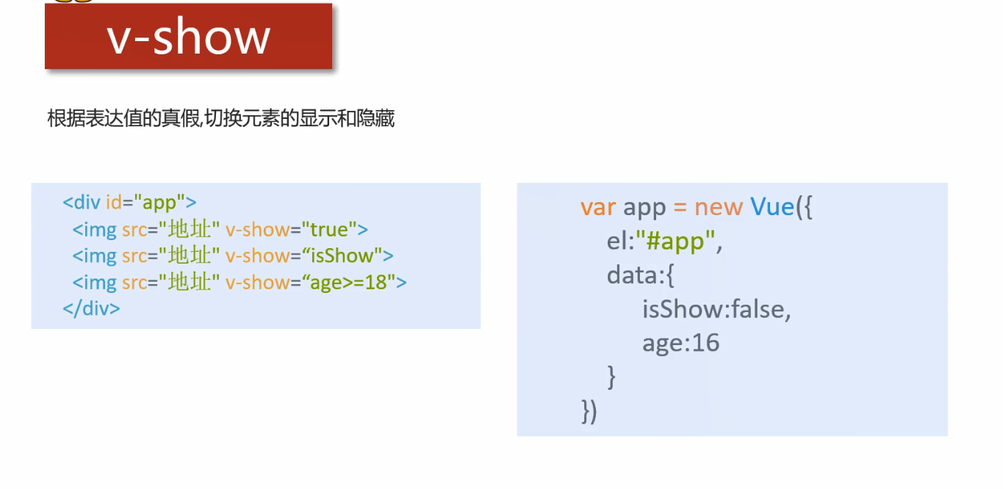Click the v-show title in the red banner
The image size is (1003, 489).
pos(189,37)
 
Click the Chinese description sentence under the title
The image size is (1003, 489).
pos(220,119)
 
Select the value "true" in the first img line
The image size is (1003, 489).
pos(328,230)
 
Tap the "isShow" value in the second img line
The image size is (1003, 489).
pos(342,256)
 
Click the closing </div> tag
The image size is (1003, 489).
pos(91,308)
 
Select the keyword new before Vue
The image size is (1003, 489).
pos(719,208)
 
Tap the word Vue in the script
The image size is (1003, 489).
pos(772,208)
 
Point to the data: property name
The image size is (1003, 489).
pos(635,275)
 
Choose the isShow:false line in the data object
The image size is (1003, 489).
pos(716,310)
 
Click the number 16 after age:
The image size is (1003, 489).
pos(705,343)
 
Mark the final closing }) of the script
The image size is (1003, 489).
pos(589,411)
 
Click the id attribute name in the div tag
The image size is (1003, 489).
pos(114,203)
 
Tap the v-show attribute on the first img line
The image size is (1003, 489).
pos(257,230)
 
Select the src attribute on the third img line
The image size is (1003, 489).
pos(134,283)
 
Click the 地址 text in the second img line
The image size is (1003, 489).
pos(190,256)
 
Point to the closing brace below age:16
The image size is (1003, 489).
pos(611,377)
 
